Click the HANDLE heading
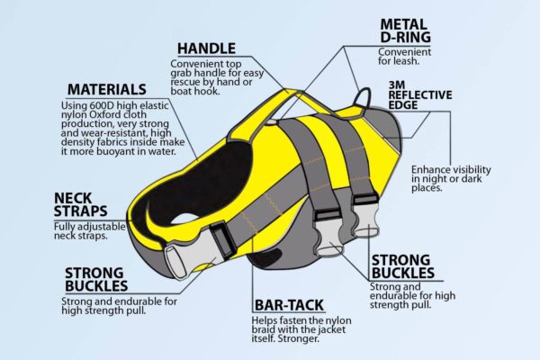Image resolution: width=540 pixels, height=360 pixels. pyautogui.click(x=206, y=48)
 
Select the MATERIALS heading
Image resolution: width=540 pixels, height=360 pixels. pyautogui.click(x=107, y=89)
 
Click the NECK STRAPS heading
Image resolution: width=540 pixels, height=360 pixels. pyautogui.click(x=80, y=204)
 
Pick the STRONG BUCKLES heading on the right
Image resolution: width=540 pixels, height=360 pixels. pyautogui.click(x=401, y=265)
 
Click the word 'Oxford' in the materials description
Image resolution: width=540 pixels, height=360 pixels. pyautogui.click(x=103, y=118)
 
